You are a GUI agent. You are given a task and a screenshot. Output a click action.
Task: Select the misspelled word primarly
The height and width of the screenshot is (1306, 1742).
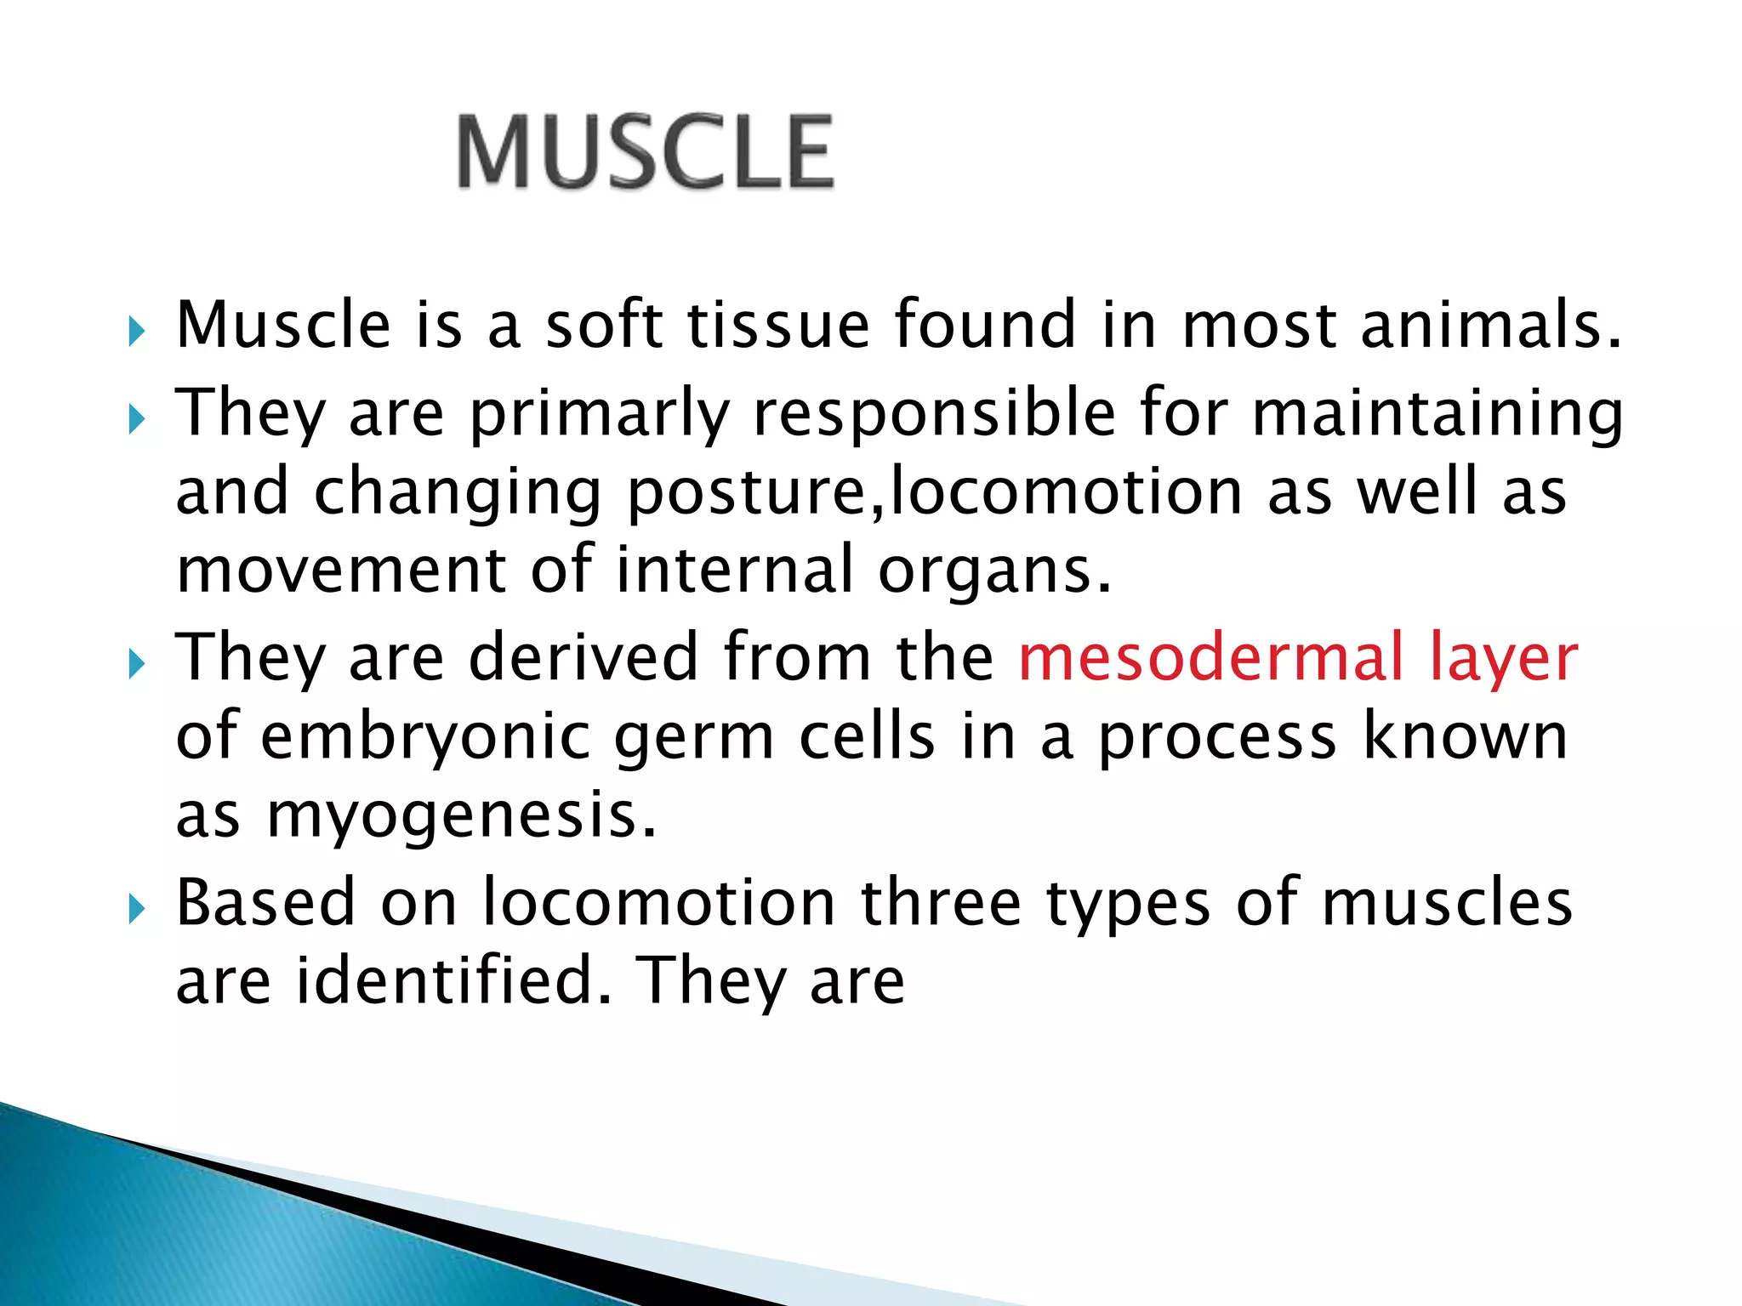[600, 414]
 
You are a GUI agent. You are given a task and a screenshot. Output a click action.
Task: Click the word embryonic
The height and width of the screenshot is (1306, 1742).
[425, 737]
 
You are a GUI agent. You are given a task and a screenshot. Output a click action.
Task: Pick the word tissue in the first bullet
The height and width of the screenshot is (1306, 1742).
[778, 325]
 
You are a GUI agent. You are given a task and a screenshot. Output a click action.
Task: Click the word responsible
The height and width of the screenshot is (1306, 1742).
[934, 414]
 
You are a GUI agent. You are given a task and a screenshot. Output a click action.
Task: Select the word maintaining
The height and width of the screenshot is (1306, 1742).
[1437, 414]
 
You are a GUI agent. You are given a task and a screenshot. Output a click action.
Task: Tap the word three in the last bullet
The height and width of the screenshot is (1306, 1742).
[941, 902]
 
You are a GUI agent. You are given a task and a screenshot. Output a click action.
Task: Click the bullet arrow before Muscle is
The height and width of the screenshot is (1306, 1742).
[137, 332]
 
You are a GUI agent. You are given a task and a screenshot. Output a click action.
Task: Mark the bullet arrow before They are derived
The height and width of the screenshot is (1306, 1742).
[137, 664]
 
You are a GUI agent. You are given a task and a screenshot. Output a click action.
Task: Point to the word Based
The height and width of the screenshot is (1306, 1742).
[265, 902]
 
